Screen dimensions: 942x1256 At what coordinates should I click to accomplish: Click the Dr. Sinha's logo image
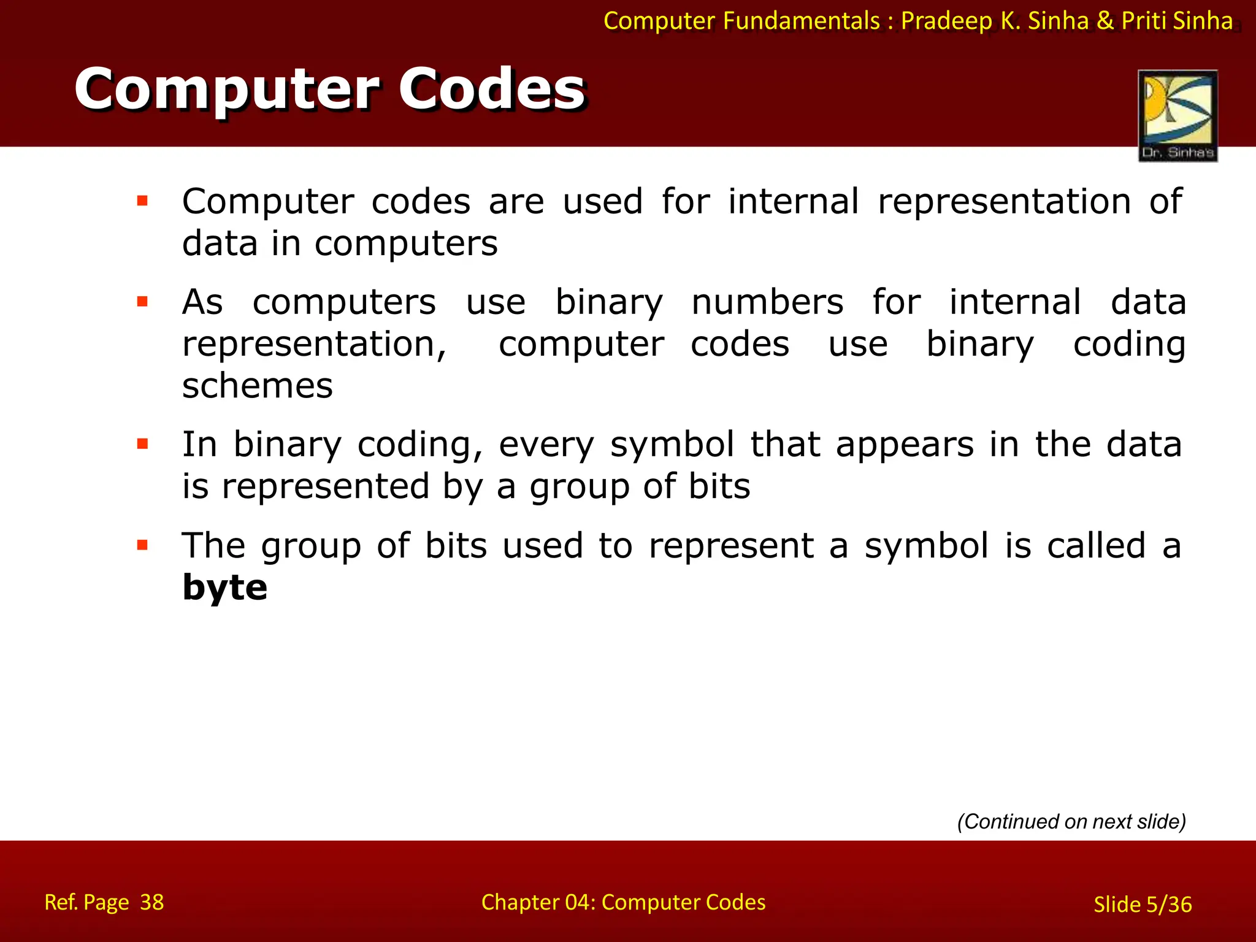pos(1177,115)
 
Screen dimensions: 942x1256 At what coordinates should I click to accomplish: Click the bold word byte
pos(225,588)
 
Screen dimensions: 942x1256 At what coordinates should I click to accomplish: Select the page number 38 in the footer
pos(151,902)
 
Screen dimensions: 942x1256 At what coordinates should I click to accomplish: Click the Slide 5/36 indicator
pos(1143,905)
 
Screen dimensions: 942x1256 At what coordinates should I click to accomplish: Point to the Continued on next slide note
pos(1071,821)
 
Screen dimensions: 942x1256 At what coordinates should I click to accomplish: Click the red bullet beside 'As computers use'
pos(143,301)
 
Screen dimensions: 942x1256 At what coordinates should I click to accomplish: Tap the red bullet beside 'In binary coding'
pos(143,444)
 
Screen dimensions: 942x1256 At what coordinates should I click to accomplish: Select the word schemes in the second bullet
pos(258,386)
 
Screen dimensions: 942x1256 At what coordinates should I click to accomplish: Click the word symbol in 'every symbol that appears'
pos(672,444)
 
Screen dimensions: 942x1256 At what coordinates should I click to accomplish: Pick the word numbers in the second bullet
pos(767,302)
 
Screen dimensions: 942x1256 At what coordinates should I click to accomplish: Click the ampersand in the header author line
pos(1105,21)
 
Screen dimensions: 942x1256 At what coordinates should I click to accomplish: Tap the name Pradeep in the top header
pos(946,21)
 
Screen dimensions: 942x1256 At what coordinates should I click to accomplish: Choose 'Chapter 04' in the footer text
pos(537,902)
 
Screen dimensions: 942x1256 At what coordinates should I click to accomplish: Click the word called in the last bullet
pos(1096,545)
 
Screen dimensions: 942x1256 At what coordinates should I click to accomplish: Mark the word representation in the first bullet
pos(1004,201)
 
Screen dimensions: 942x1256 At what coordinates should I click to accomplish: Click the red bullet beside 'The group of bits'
pos(143,545)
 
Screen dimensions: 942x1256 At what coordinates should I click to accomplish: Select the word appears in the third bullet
pos(905,444)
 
